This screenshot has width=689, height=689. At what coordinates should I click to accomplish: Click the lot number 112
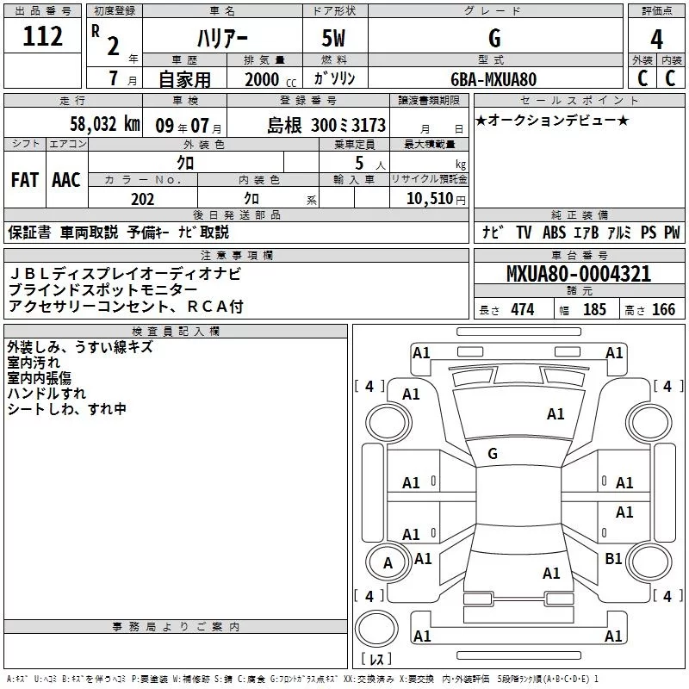(43, 37)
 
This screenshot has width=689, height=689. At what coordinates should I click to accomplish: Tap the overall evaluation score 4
(657, 39)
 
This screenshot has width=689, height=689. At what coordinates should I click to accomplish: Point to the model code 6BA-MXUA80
(494, 79)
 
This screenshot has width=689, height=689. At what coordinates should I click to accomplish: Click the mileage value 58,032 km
(105, 124)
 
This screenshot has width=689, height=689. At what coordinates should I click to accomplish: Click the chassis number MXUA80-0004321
(579, 275)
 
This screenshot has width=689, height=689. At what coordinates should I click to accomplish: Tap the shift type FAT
(24, 180)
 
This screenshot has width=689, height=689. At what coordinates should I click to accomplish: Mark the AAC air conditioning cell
(66, 180)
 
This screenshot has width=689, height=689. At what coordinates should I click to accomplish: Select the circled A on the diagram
(388, 563)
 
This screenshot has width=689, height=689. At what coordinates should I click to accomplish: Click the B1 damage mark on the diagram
(613, 559)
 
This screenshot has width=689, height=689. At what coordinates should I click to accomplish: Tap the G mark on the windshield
(493, 453)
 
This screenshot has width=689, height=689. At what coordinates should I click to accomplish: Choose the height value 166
(663, 310)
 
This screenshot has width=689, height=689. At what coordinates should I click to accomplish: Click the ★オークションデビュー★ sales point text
(552, 121)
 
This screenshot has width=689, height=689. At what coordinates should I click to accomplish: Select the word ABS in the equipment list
(554, 233)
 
